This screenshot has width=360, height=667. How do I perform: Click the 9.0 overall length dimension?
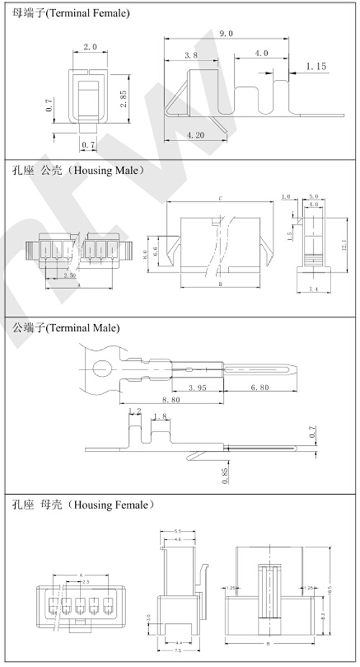point(225,33)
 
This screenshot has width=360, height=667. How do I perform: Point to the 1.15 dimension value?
point(316,66)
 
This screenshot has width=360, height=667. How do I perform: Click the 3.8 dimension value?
point(191,55)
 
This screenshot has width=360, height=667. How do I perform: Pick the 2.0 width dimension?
point(90,47)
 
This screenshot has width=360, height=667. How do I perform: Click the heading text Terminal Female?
point(87,14)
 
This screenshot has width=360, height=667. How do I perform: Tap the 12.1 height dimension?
point(344,245)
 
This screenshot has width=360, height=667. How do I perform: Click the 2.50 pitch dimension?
point(70,275)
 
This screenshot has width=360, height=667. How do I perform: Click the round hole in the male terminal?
point(101,370)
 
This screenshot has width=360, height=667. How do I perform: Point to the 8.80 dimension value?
point(172,400)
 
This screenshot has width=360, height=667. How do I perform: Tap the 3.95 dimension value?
point(199,388)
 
